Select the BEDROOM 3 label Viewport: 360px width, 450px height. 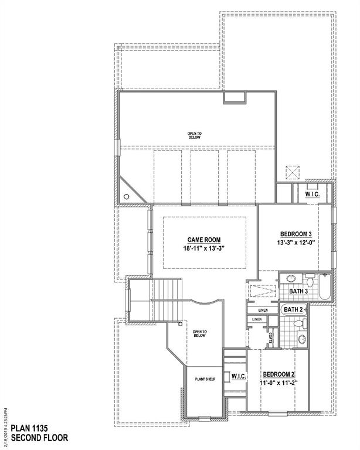pyautogui.click(x=297, y=232)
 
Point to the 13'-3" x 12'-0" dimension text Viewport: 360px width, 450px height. pyautogui.click(x=297, y=241)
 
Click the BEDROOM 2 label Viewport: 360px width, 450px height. pyautogui.click(x=279, y=375)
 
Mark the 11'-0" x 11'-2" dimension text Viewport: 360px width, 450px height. pyautogui.click(x=279, y=384)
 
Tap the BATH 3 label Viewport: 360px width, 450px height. pyautogui.click(x=298, y=291)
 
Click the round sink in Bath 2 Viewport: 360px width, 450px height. pyautogui.click(x=302, y=339)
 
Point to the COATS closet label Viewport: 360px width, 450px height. pyautogui.click(x=270, y=338)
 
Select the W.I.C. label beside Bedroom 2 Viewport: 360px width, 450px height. pyautogui.click(x=237, y=376)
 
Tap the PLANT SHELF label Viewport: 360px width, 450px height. pyautogui.click(x=205, y=380)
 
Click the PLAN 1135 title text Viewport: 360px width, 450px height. pyautogui.click(x=28, y=428)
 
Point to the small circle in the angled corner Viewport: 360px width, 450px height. pyautogui.click(x=126, y=197)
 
